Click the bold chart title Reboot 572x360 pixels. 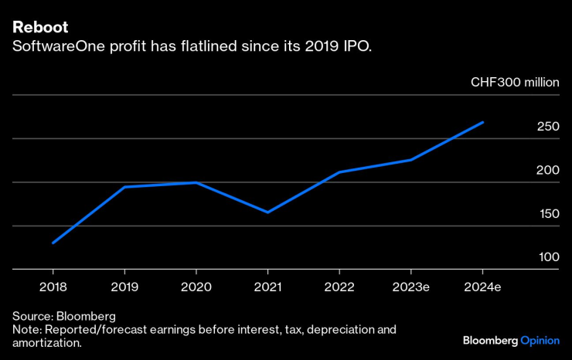click(x=40, y=27)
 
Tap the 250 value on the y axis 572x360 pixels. click(x=547, y=127)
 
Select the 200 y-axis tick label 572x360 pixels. click(x=547, y=170)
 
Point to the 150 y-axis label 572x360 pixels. click(x=547, y=213)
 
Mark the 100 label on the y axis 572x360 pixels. click(x=547, y=256)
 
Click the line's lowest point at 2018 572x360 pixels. click(x=53, y=243)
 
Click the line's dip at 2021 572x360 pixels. click(x=267, y=212)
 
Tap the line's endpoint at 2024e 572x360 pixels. click(x=482, y=122)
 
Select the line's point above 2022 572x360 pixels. click(x=339, y=172)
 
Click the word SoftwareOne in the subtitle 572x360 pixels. click(x=51, y=47)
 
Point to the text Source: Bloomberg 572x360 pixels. click(x=63, y=316)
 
